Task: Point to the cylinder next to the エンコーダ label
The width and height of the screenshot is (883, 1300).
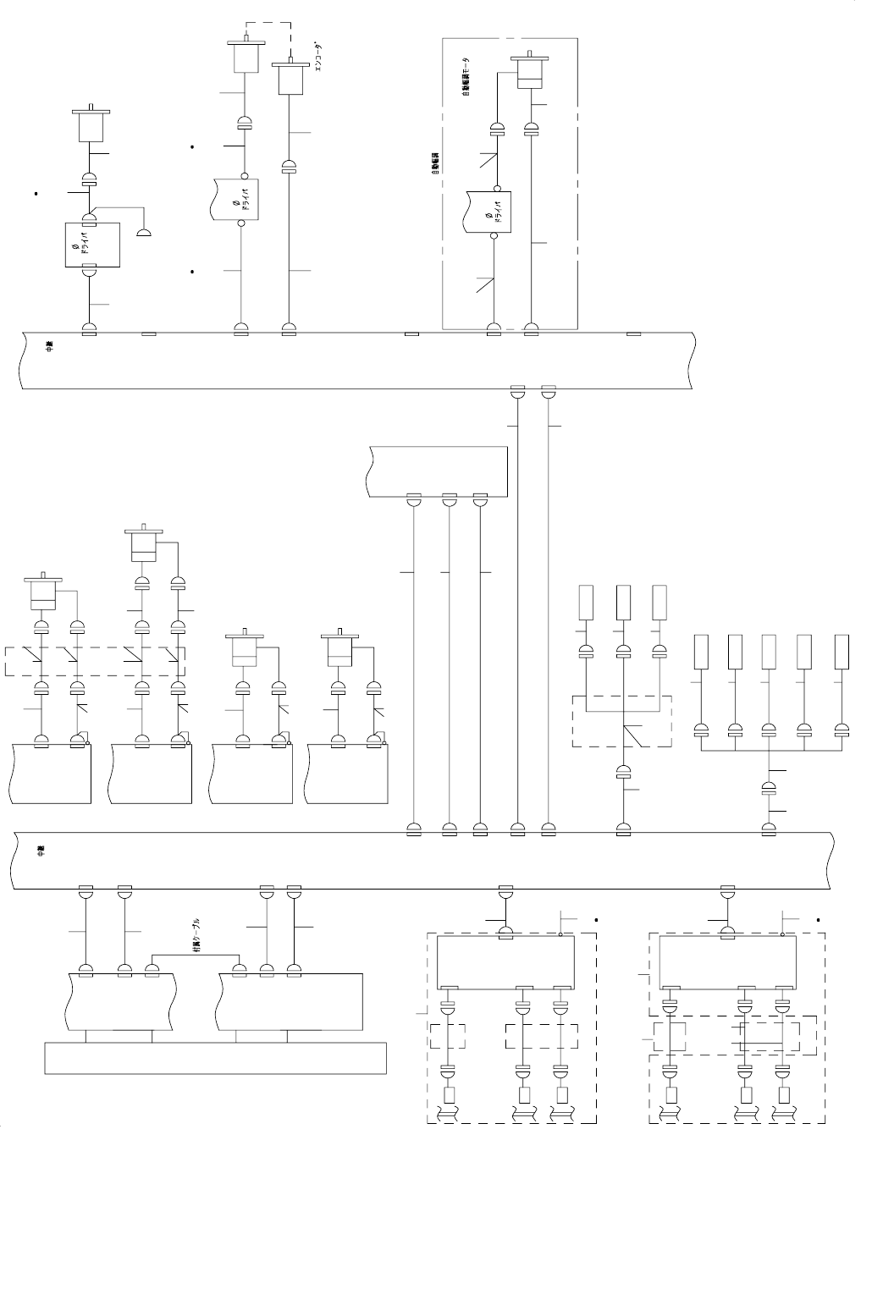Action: pyautogui.click(x=290, y=78)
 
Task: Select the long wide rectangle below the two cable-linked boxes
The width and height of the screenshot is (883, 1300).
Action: pyautogui.click(x=215, y=1059)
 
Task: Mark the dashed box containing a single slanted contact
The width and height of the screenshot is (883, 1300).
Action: pyautogui.click(x=622, y=721)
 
